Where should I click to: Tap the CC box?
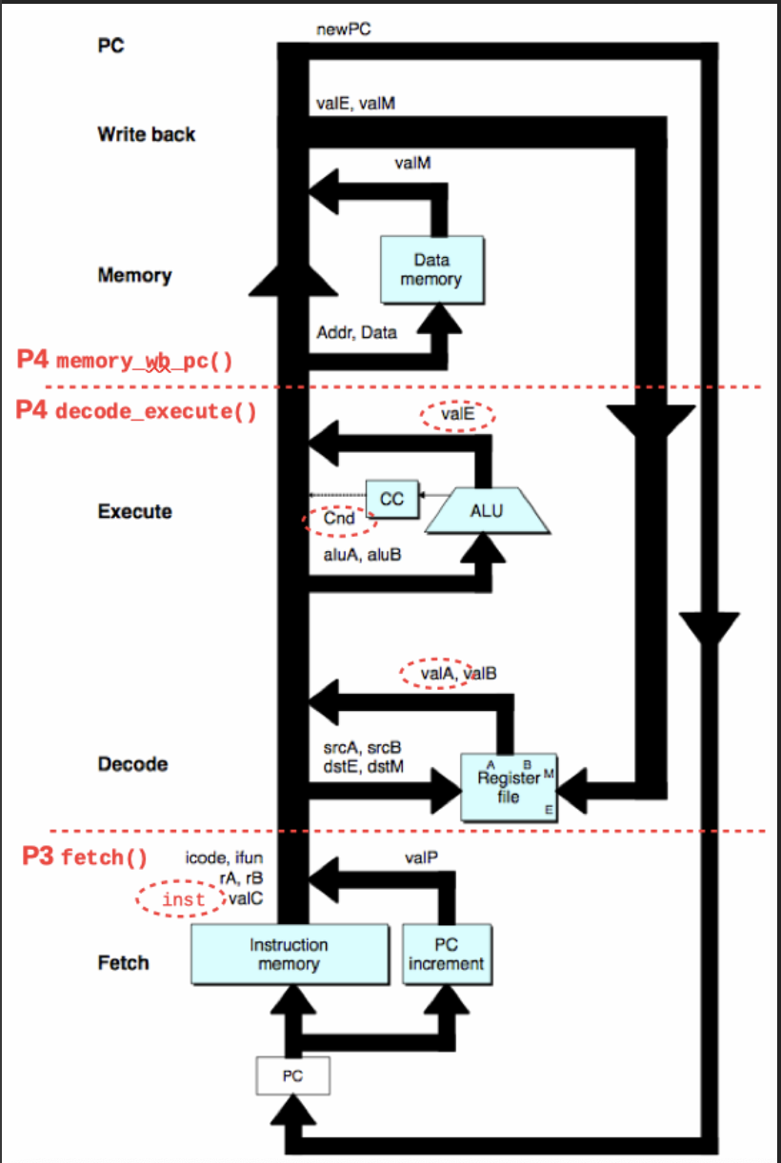pyautogui.click(x=392, y=500)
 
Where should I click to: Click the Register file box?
pyautogui.click(x=509, y=786)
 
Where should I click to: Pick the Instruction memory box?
pyautogui.click(x=289, y=954)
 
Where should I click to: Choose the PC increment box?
pyautogui.click(x=446, y=954)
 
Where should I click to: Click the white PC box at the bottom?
pyautogui.click(x=292, y=1076)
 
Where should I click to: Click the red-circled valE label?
pyautogui.click(x=457, y=414)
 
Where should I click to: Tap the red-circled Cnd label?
pyautogui.click(x=340, y=520)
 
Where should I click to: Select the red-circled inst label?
pyautogui.click(x=183, y=899)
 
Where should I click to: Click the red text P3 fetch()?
pyautogui.click(x=86, y=857)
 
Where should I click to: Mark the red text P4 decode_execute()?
pyautogui.click(x=136, y=412)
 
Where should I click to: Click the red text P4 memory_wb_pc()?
pyautogui.click(x=125, y=360)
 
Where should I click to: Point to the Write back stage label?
pyautogui.click(x=146, y=134)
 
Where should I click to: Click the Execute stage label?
pyautogui.click(x=134, y=511)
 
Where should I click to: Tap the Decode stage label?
pyautogui.click(x=132, y=763)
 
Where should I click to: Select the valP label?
pyautogui.click(x=420, y=857)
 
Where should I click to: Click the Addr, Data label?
pyautogui.click(x=356, y=333)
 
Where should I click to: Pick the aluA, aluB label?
pyautogui.click(x=362, y=553)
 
